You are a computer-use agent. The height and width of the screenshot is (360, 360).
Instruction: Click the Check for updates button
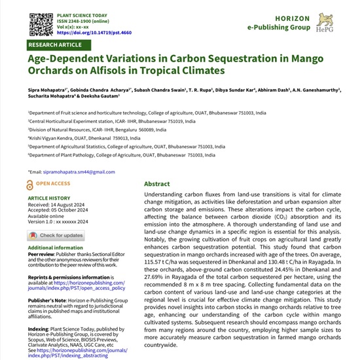pos(55,235)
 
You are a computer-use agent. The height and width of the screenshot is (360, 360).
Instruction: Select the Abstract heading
pos(157,185)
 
